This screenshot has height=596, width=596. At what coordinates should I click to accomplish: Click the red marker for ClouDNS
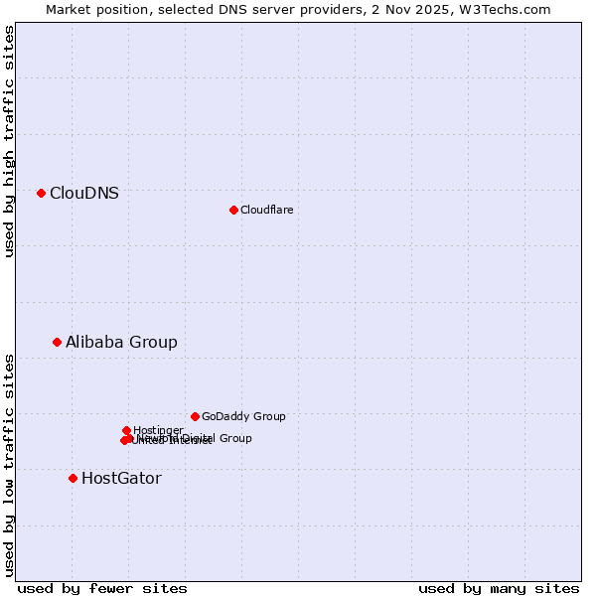coord(41,193)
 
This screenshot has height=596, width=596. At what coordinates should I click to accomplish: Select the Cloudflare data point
coord(233,210)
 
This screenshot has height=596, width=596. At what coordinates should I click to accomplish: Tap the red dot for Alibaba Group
coord(57,342)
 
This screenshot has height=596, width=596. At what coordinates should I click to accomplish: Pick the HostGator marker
coord(73,478)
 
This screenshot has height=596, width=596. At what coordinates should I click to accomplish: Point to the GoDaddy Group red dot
coord(195,416)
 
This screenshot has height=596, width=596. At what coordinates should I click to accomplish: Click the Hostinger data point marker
coord(126,430)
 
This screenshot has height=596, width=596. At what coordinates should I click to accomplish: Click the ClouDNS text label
coord(84,193)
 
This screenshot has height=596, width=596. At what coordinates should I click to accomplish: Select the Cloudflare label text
coord(266,210)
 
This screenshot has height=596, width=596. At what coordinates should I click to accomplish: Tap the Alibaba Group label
coord(121,342)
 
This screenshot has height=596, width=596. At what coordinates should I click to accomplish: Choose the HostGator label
coord(121,478)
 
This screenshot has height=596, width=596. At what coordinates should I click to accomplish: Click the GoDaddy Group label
coord(243,416)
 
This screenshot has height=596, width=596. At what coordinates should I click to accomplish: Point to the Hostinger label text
coord(158,430)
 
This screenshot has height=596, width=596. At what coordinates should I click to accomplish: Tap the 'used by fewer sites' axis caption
coord(102,588)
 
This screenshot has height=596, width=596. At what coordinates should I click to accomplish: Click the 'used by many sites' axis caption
coord(499,588)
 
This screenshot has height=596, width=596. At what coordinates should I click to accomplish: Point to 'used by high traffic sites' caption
coord(10,141)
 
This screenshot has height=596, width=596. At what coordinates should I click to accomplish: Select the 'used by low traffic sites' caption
coord(10,465)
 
